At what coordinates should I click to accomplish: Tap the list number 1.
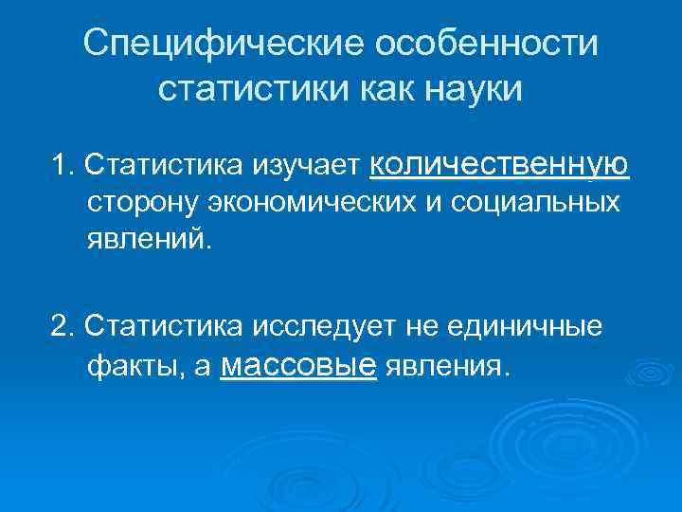click(62, 167)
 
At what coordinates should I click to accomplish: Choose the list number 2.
click(62, 326)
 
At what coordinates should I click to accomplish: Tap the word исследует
click(324, 326)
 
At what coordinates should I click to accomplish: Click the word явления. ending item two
click(448, 366)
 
